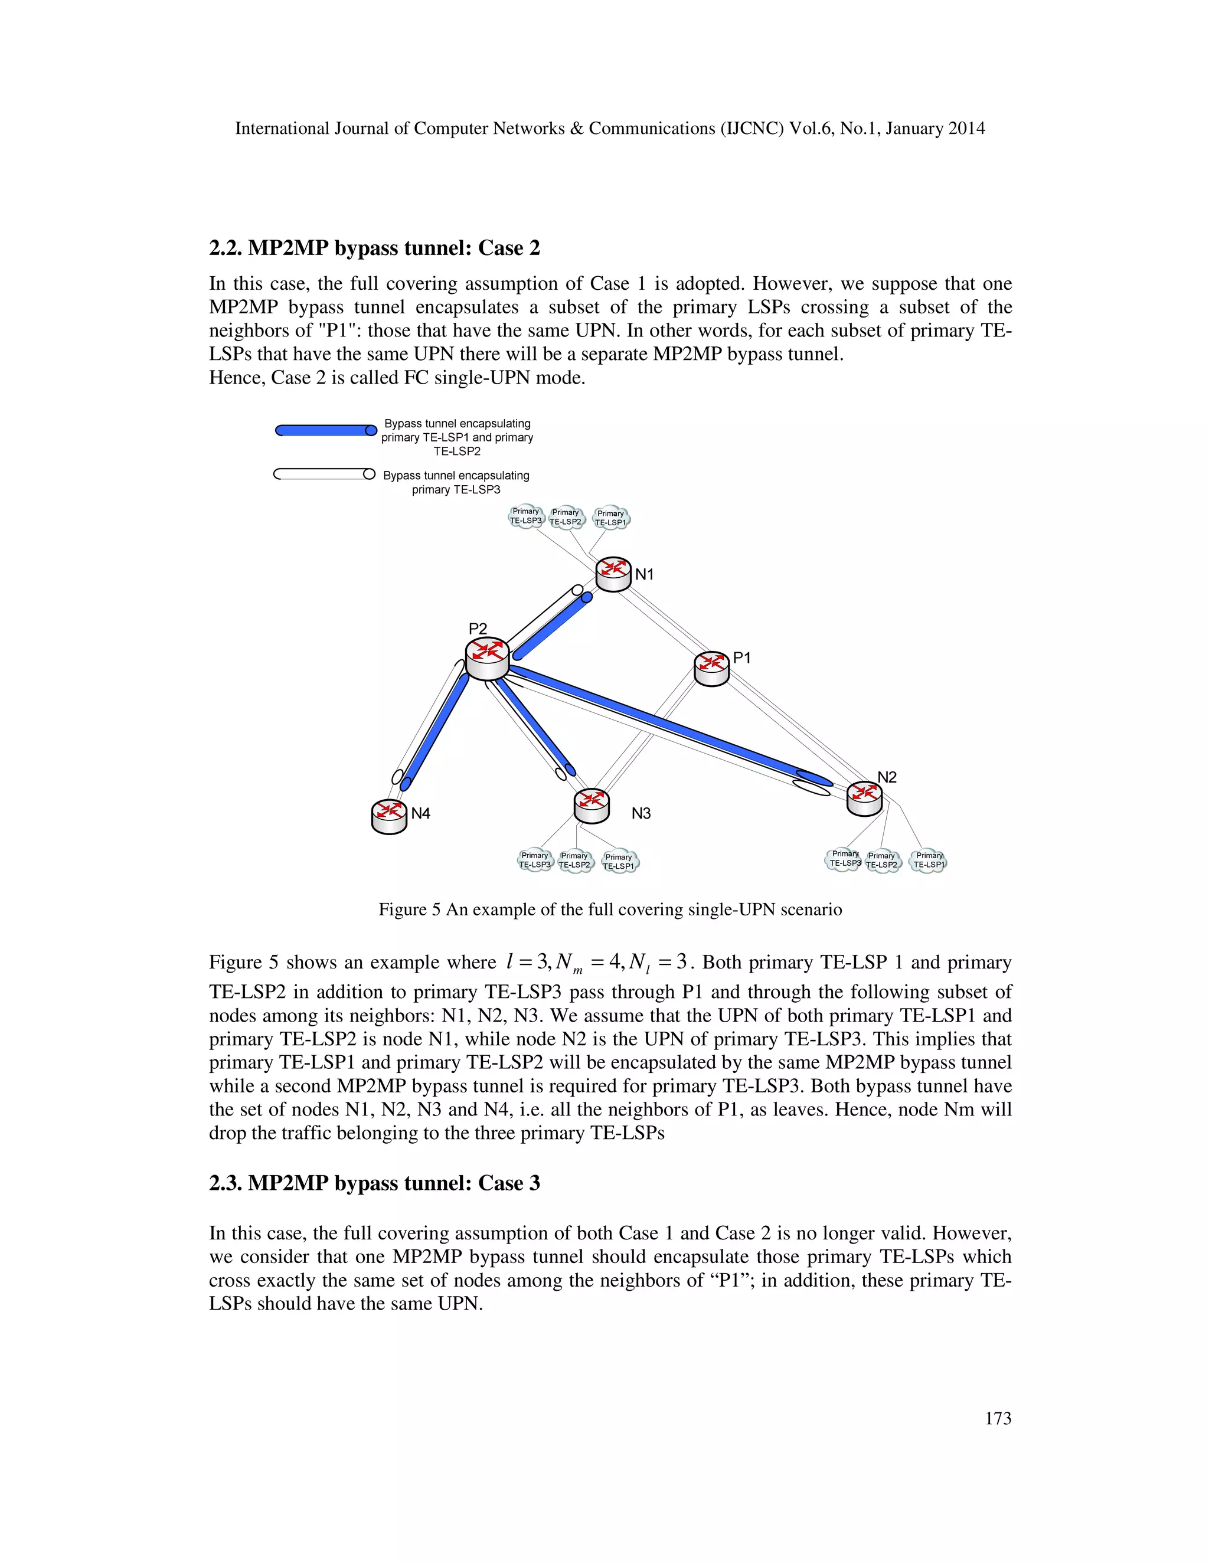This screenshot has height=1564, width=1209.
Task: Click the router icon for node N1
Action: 613,574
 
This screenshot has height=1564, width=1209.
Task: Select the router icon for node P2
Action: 487,659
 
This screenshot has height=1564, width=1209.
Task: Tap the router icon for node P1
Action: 711,668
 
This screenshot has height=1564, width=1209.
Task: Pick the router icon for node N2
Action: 864,798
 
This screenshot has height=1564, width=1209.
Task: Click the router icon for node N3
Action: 592,806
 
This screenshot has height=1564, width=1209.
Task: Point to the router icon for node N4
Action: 389,816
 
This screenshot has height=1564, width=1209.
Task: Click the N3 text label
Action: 641,813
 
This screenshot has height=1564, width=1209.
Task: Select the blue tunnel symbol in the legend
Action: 326,430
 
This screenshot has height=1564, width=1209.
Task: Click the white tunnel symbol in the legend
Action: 324,474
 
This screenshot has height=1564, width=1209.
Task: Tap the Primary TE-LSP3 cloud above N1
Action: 526,516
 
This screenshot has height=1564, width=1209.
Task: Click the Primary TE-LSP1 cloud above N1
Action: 611,518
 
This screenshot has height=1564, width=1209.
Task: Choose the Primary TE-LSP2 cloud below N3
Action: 574,860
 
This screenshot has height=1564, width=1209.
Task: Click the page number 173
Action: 997,1419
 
